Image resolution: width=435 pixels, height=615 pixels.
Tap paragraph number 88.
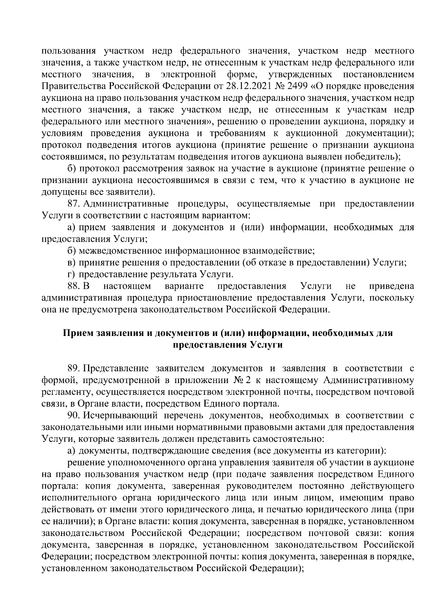pos(74,286)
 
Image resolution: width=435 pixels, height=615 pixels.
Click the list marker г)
pos(71,274)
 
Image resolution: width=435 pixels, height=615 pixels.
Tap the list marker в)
pos(71,262)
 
